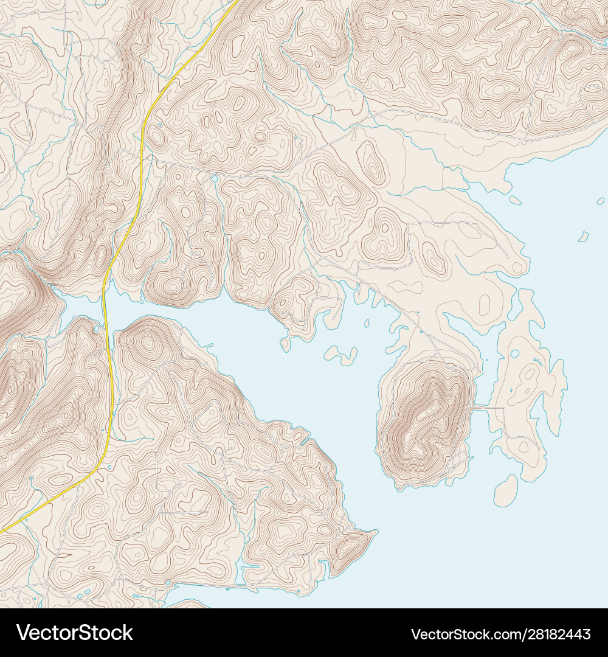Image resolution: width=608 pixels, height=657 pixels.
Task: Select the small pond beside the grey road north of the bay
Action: pos(214,179)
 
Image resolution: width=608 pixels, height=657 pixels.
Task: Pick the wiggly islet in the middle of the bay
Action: pos(342,355)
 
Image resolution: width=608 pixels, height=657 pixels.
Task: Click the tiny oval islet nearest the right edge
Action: pos(601,201)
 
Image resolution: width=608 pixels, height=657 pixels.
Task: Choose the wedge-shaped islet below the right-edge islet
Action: pos(584,237)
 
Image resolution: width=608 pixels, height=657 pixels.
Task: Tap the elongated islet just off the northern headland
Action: pos(515,200)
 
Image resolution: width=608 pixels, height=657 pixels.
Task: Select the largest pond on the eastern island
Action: pos(514,353)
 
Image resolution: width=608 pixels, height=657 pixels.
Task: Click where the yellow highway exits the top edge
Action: pos(236,2)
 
